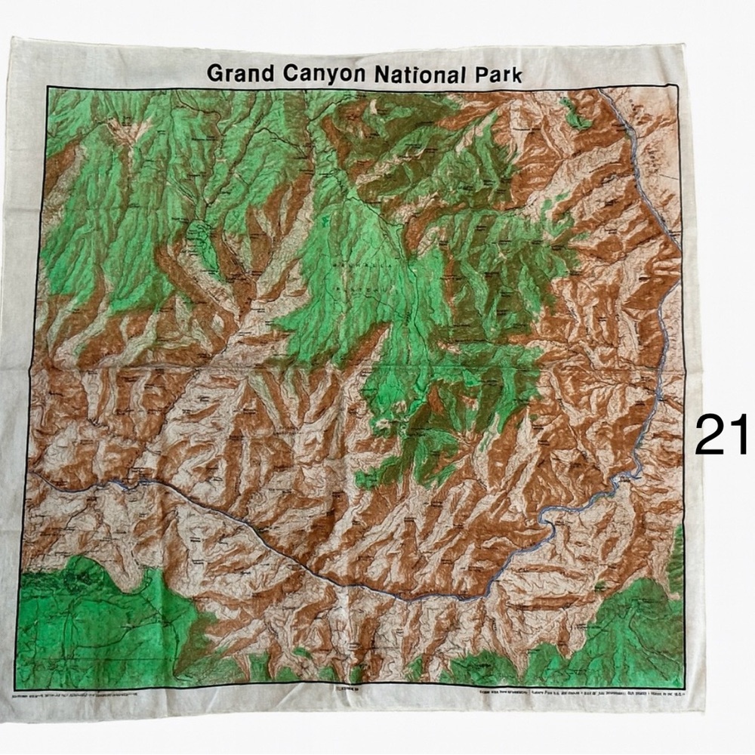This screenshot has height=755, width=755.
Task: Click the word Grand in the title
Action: click(x=237, y=73)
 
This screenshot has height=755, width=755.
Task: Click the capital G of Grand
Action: click(x=214, y=73)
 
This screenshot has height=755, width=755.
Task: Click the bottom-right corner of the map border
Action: click(x=685, y=688)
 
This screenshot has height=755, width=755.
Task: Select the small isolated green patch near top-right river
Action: click(x=578, y=117)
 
